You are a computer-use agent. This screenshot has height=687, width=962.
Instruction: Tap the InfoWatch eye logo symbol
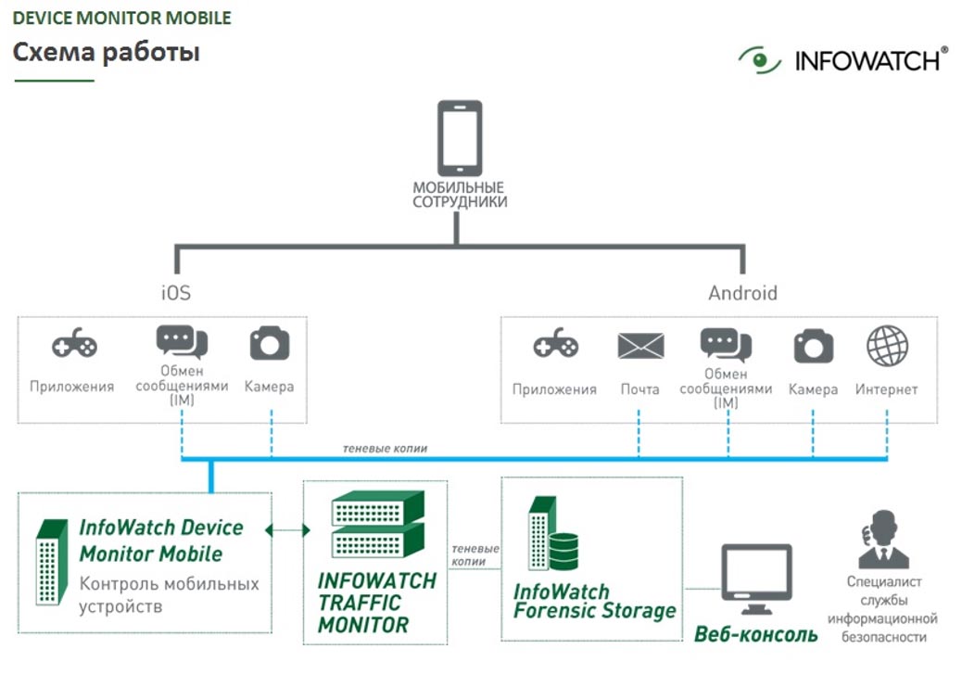(x=760, y=60)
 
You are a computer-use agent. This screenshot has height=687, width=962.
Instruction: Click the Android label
(x=742, y=293)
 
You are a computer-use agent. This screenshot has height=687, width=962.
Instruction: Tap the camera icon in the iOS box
(x=270, y=344)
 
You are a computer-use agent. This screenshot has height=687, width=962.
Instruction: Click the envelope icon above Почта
(x=640, y=347)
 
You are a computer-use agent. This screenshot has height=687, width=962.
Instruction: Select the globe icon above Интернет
(x=887, y=346)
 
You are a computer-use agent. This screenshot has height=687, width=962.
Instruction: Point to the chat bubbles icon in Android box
(x=726, y=344)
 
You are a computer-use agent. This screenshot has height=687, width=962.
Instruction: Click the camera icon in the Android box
(x=814, y=347)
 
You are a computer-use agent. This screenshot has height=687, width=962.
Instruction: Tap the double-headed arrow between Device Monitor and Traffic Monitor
(x=287, y=530)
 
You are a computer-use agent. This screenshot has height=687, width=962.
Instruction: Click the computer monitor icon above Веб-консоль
(x=756, y=579)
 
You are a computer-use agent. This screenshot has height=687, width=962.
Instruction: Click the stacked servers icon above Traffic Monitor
(x=377, y=524)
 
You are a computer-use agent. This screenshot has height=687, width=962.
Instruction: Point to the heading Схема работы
(x=107, y=52)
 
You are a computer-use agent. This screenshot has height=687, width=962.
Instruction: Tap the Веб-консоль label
(x=756, y=635)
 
